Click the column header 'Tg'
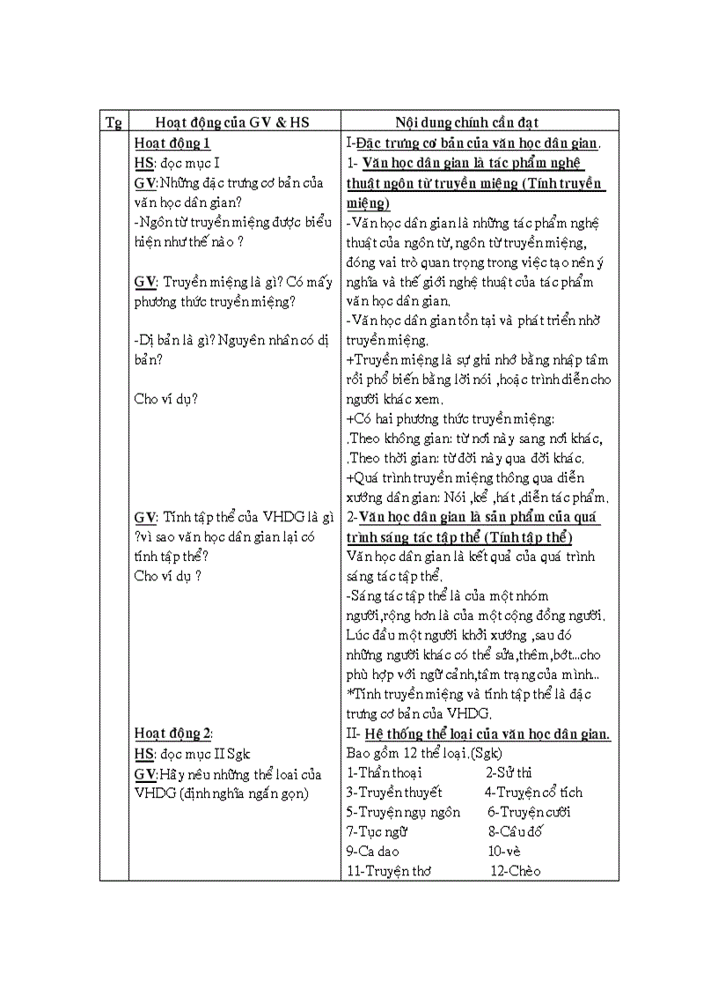pyautogui.click(x=114, y=122)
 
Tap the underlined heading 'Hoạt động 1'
pyautogui.click(x=172, y=143)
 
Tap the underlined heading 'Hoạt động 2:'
pyautogui.click(x=174, y=734)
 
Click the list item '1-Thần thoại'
pyautogui.click(x=384, y=772)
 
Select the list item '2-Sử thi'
pyautogui.click(x=509, y=772)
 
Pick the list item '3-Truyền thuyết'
pyautogui.click(x=393, y=792)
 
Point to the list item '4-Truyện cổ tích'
pyautogui.click(x=533, y=792)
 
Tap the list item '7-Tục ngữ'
pyautogui.click(x=377, y=831)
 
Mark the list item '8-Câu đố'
pyautogui.click(x=515, y=831)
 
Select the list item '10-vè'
pyautogui.click(x=504, y=852)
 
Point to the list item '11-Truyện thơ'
pyautogui.click(x=388, y=871)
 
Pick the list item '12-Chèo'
pyautogui.click(x=516, y=871)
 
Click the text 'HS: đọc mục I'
pyautogui.click(x=177, y=163)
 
